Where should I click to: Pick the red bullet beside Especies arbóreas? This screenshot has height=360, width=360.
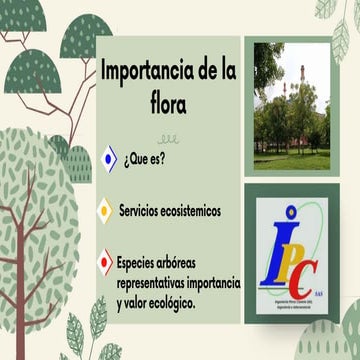pos(104,262)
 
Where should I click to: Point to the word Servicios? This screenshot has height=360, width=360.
pos(143,212)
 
